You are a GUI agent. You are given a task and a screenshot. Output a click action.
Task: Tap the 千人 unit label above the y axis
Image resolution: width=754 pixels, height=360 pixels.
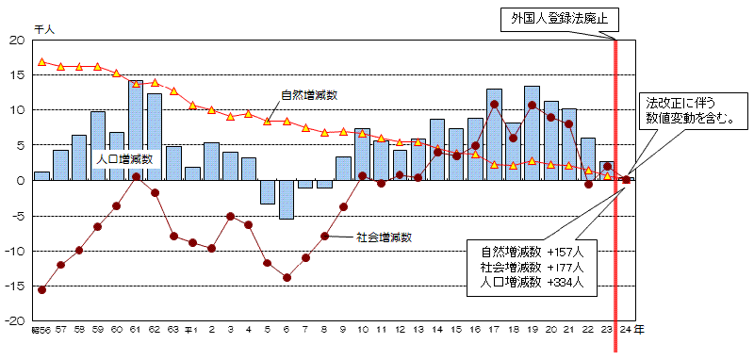(x=43, y=30)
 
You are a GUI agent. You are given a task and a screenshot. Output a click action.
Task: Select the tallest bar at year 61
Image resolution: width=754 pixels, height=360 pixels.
(x=136, y=130)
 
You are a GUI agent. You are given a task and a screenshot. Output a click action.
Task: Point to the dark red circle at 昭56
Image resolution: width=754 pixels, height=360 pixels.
(x=41, y=289)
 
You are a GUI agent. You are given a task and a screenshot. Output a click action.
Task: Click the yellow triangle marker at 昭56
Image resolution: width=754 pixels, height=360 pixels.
(x=41, y=62)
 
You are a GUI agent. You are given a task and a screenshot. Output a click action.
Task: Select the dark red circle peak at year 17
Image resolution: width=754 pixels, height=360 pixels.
(x=495, y=105)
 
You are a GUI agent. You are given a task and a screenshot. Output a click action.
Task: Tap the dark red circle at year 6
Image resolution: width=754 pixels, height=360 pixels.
(x=287, y=277)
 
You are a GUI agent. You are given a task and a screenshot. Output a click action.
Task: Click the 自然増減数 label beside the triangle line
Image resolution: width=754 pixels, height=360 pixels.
(x=308, y=95)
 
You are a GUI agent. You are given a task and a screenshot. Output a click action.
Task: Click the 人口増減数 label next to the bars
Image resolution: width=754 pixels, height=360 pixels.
(x=124, y=159)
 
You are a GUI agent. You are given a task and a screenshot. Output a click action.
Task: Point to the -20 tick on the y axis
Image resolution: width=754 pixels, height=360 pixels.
(x=17, y=320)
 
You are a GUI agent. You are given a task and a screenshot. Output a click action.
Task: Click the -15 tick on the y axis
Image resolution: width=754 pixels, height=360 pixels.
(x=17, y=286)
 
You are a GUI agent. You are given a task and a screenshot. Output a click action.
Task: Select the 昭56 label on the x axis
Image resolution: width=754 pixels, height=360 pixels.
(x=41, y=331)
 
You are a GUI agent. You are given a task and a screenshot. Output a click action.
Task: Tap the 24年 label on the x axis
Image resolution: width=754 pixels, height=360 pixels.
(x=632, y=331)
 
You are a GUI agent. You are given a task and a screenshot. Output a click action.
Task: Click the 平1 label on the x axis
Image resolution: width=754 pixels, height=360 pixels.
(x=191, y=331)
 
